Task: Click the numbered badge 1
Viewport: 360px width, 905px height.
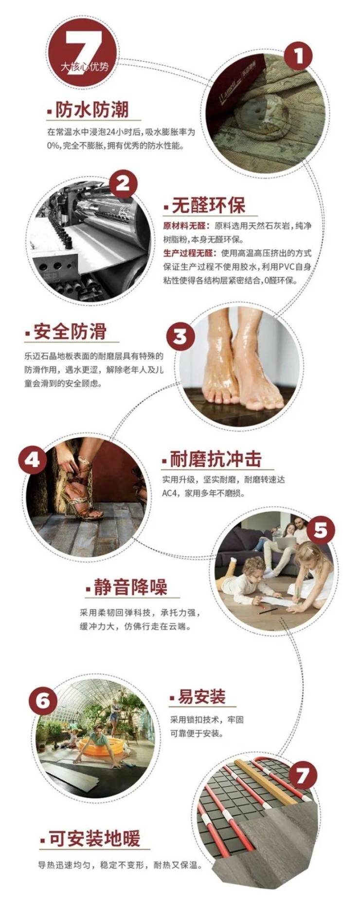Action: pyautogui.click(x=298, y=56)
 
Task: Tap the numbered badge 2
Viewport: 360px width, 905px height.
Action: pyautogui.click(x=123, y=184)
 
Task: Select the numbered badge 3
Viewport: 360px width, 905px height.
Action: pyautogui.click(x=180, y=336)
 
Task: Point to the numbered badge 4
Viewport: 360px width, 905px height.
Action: pyautogui.click(x=32, y=460)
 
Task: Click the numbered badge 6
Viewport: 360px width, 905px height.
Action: pyautogui.click(x=43, y=700)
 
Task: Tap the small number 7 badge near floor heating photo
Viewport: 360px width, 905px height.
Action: pyautogui.click(x=303, y=775)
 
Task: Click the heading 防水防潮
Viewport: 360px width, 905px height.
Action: pyautogui.click(x=92, y=110)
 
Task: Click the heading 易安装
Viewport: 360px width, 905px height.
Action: pyautogui.click(x=201, y=697)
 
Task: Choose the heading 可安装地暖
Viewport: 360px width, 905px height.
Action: pyautogui.click(x=95, y=839)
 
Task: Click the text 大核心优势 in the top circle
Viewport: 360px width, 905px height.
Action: pyautogui.click(x=85, y=67)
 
